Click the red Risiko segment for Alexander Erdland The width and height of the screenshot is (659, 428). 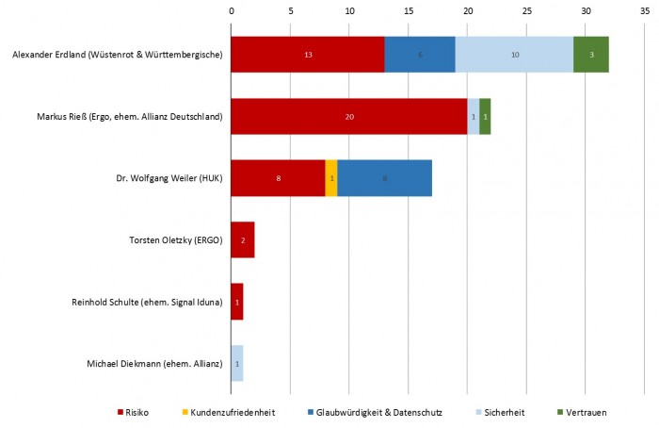pyautogui.click(x=307, y=55)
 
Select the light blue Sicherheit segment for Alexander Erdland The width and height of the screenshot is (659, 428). pyautogui.click(x=514, y=55)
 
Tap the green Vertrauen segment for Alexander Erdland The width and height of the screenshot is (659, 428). pyautogui.click(x=591, y=55)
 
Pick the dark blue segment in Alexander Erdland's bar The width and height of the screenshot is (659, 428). pyautogui.click(x=420, y=55)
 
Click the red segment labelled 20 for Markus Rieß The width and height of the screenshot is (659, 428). pyautogui.click(x=349, y=117)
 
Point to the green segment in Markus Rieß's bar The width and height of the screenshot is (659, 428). pyautogui.click(x=485, y=117)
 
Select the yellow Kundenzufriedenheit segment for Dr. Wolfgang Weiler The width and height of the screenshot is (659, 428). pyautogui.click(x=331, y=178)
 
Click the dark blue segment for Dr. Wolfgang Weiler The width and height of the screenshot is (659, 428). pyautogui.click(x=384, y=178)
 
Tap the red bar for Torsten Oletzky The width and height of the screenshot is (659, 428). pyautogui.click(x=243, y=240)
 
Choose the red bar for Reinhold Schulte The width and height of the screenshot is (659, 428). pyautogui.click(x=237, y=302)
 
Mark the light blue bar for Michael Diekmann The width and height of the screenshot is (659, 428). pyautogui.click(x=237, y=364)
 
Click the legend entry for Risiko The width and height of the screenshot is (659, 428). pyautogui.click(x=137, y=413)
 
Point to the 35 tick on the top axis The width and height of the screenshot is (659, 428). pyautogui.click(x=644, y=11)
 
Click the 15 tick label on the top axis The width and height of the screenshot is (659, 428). pyautogui.click(x=409, y=11)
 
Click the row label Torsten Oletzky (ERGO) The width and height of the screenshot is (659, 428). pyautogui.click(x=175, y=240)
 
